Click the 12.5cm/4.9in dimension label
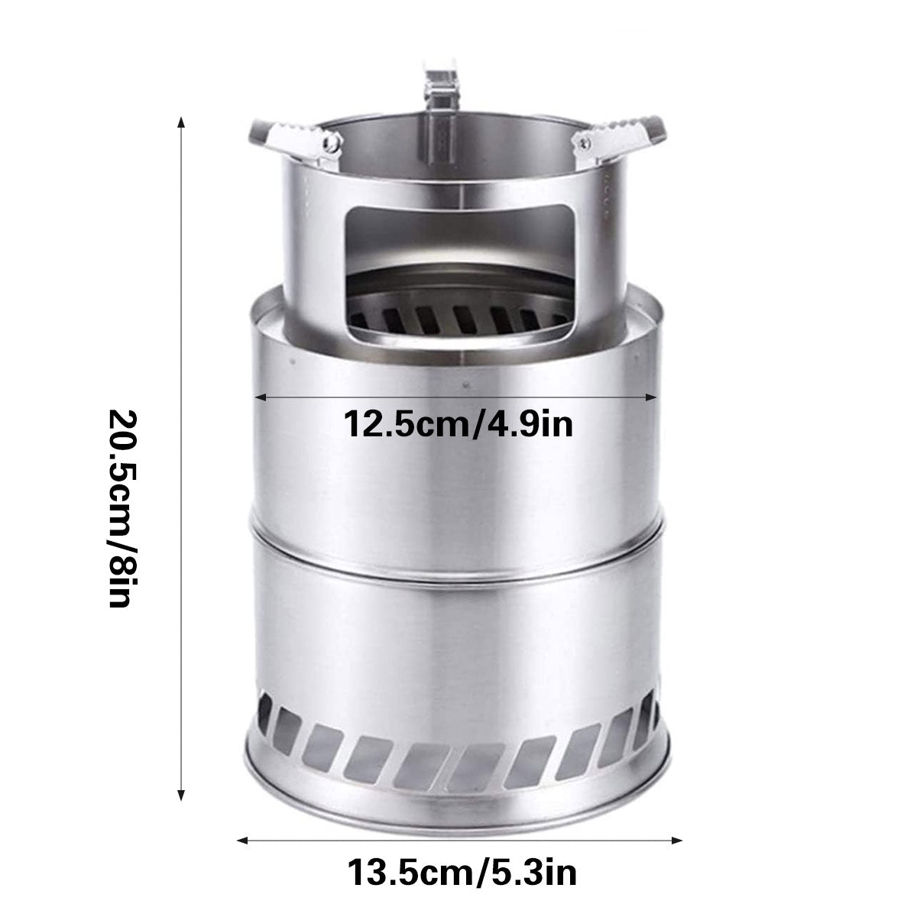(x=458, y=423)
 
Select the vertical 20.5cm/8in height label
(x=123, y=508)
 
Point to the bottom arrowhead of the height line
(x=181, y=795)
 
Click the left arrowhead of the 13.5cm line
(x=243, y=841)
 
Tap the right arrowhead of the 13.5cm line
(x=676, y=841)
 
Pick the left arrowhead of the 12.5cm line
(x=260, y=397)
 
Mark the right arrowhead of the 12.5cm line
(x=651, y=397)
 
